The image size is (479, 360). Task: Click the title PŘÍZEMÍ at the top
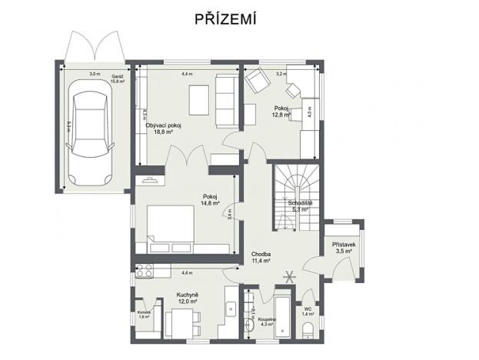tap(239, 19)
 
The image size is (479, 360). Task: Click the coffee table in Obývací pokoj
tap(199, 99)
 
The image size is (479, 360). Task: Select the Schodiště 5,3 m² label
tap(298, 205)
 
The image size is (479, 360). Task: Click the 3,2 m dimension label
tap(281, 74)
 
